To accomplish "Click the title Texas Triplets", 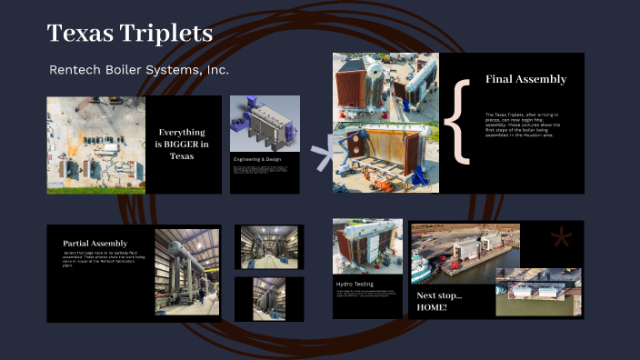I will tap(130, 34).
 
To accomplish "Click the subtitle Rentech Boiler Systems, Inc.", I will tap(139, 70).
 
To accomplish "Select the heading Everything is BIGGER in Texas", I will tap(182, 144).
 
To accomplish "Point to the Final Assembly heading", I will tap(525, 79).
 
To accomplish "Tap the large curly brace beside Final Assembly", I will tap(461, 121).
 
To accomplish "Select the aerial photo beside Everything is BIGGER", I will tap(95, 144).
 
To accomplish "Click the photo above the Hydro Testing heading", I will tap(367, 246).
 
